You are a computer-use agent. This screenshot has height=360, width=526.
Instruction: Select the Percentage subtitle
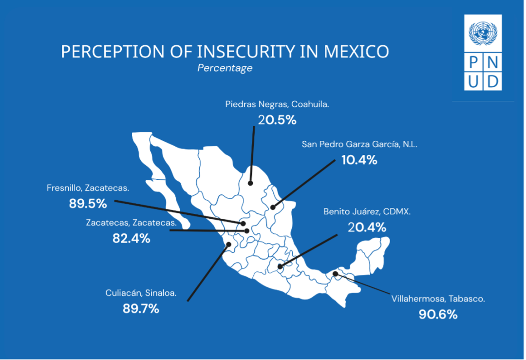[x=225, y=68]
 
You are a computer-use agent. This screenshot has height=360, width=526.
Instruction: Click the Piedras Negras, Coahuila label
[x=277, y=104]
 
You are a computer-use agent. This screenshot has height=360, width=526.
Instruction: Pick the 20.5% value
[x=277, y=120]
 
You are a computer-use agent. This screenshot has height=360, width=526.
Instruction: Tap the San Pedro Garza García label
[x=359, y=144]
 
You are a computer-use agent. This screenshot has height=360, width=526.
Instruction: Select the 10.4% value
[x=359, y=159]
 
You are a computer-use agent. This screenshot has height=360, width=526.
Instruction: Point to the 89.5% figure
[x=88, y=204]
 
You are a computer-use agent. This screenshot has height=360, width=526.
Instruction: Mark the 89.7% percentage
[x=141, y=308]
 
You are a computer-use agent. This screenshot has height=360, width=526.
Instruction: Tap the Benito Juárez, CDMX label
[x=367, y=211]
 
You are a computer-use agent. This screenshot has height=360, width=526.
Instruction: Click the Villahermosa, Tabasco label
[x=438, y=299]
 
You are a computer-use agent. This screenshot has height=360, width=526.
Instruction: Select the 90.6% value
[x=438, y=314]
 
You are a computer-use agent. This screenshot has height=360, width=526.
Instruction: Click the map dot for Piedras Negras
[x=250, y=183]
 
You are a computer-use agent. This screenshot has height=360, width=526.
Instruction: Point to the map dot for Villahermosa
[x=336, y=274]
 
